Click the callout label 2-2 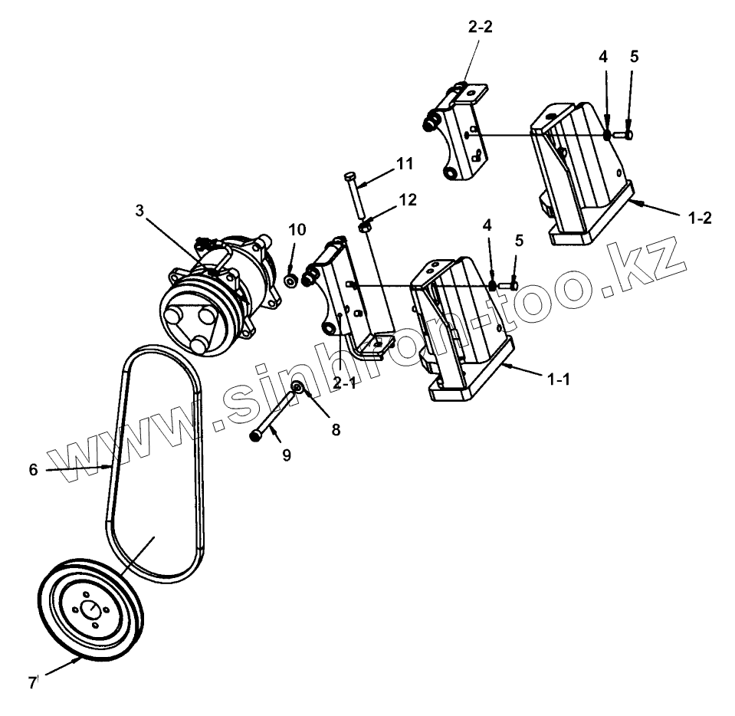click(480, 28)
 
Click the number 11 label click(404, 164)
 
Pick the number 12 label click(407, 201)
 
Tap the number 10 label click(297, 230)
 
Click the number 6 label click(33, 470)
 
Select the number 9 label click(286, 455)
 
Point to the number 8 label click(335, 430)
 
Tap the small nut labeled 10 click(291, 280)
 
